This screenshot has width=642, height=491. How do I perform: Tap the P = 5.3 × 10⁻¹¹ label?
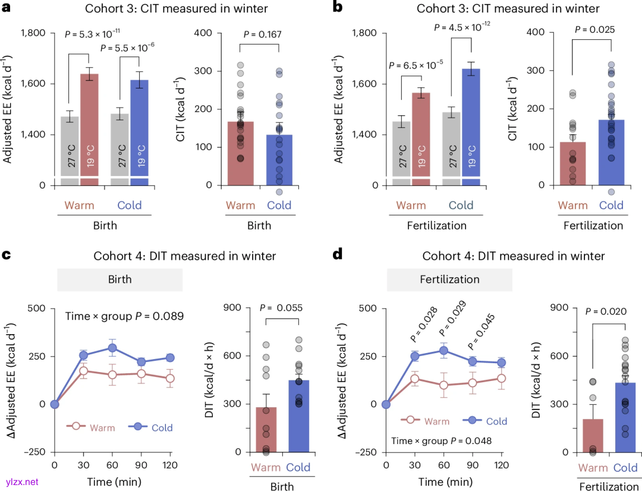pyautogui.click(x=92, y=34)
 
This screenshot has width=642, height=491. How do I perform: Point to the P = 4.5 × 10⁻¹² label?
pyautogui.click(x=466, y=27)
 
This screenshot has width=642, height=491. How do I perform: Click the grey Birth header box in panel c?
pyautogui.click(x=119, y=278)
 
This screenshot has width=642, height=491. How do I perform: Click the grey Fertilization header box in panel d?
pyautogui.click(x=449, y=278)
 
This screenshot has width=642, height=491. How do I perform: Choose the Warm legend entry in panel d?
pyautogui.click(x=427, y=421)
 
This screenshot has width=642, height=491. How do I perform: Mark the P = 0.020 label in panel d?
pyautogui.click(x=606, y=311)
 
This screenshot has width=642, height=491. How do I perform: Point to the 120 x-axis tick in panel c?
pyautogui.click(x=170, y=465)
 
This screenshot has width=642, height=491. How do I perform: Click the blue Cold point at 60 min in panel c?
pyautogui.click(x=112, y=348)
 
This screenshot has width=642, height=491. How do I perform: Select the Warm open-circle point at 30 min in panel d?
pyautogui.click(x=414, y=379)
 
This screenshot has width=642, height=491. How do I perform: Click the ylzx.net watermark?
pyautogui.click(x=22, y=481)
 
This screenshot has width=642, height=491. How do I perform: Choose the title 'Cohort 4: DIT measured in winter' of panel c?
pyautogui.click(x=185, y=256)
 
